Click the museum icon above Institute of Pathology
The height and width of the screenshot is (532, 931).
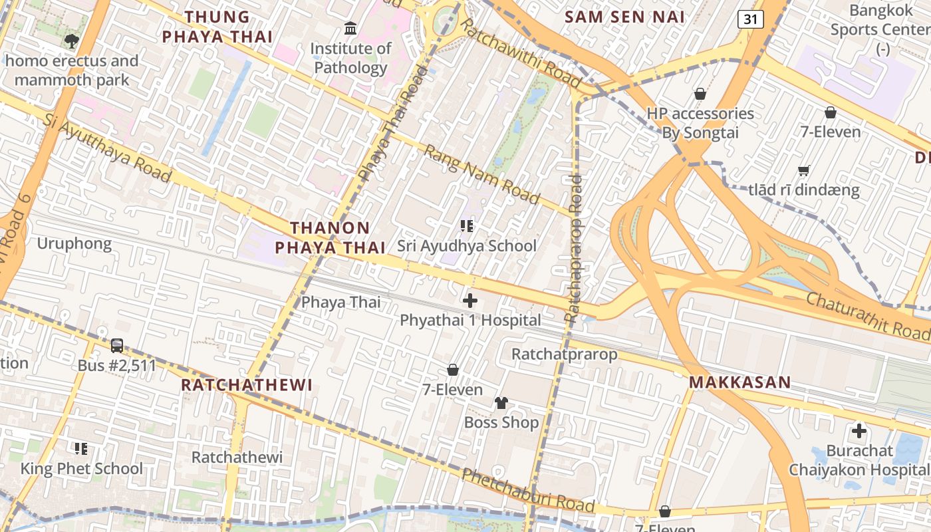(350, 29)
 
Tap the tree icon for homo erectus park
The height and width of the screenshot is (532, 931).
(71, 41)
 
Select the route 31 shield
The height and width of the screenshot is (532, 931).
(750, 19)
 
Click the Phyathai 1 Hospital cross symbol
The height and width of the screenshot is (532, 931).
(470, 301)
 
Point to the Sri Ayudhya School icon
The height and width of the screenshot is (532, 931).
(467, 227)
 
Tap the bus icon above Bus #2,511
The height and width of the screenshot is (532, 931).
(117, 346)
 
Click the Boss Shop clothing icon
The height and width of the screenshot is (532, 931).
(501, 403)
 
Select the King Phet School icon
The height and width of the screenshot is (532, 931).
(81, 449)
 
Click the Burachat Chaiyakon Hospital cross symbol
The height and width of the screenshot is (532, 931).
(859, 431)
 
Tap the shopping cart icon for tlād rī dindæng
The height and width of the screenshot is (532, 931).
(803, 171)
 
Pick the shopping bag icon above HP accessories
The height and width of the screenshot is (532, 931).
(700, 94)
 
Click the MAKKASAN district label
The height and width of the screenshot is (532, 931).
(739, 382)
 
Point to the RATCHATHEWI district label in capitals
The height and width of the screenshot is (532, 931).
(247, 385)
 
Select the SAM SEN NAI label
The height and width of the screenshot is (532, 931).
(624, 17)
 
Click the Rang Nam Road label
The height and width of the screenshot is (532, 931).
(482, 175)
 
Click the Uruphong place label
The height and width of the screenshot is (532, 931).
(74, 243)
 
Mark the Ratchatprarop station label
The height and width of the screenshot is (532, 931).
(564, 354)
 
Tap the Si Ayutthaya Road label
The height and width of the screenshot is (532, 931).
(108, 148)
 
